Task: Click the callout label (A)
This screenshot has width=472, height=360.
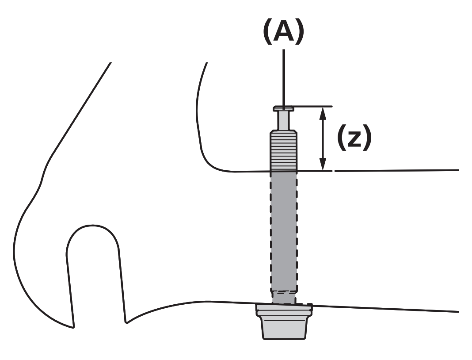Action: tap(284, 32)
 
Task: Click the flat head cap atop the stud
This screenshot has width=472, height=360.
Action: tap(284, 107)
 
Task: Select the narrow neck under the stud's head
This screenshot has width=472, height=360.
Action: tap(283, 119)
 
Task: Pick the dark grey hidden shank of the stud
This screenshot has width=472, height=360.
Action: tap(283, 230)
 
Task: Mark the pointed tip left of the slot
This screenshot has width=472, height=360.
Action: tap(73, 326)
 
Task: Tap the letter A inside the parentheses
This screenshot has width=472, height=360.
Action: tap(284, 32)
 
